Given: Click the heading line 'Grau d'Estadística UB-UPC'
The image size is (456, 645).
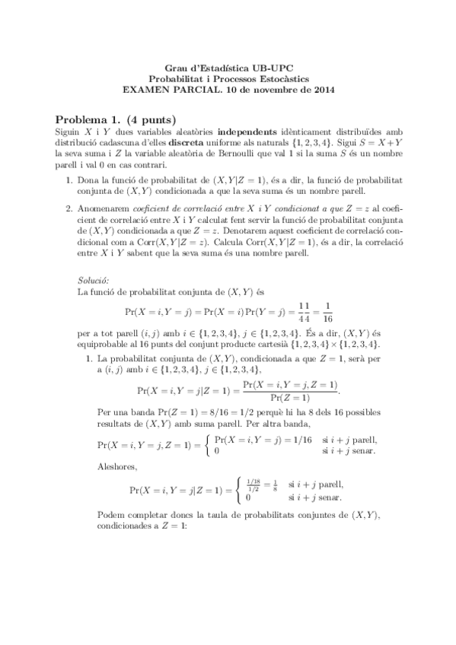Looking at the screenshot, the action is tap(228, 67).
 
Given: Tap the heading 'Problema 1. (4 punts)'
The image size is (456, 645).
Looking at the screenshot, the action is tap(116, 119).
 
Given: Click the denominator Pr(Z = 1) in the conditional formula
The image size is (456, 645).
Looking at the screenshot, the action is tap(290, 397).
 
